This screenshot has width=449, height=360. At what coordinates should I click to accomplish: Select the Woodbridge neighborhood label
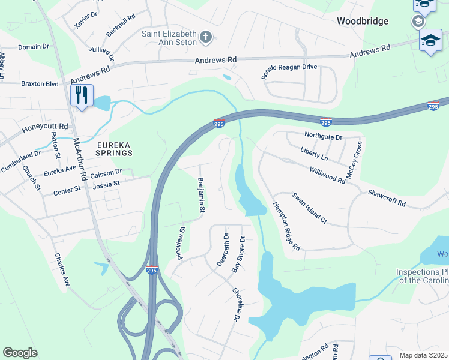pos(362,21)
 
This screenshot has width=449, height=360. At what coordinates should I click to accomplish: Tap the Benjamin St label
pos(202,195)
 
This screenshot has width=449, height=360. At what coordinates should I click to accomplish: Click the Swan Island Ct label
pos(309,208)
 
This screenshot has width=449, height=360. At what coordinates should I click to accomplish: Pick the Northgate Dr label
pos(323,137)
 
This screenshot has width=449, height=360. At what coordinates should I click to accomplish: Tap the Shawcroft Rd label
pos(387,200)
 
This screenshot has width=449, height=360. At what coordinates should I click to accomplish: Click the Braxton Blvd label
pos(40,84)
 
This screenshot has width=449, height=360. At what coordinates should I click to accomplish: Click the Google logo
pos(20,353)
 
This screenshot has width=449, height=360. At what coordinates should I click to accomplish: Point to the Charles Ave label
pos(62,269)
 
